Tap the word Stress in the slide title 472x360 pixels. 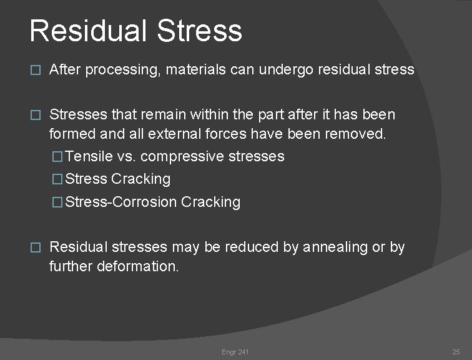[201, 31]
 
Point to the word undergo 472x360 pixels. [288, 69]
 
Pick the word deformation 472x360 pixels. [139, 266]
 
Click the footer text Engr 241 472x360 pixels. [235, 352]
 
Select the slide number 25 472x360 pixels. [456, 352]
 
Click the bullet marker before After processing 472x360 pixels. [35, 71]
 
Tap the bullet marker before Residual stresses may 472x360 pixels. [35, 248]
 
